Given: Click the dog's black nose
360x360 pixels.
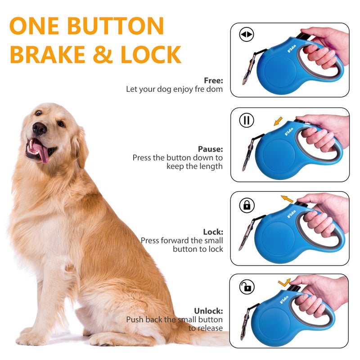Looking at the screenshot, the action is point(40,129).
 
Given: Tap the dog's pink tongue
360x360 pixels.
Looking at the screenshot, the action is point(42,152).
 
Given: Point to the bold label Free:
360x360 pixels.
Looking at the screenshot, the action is point(213,81).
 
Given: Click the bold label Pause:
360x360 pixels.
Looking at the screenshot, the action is point(210,149).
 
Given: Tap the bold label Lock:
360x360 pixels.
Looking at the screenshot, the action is point(213,232).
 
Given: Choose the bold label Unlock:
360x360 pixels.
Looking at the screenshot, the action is point(208,311).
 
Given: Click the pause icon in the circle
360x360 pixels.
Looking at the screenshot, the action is point(247,120).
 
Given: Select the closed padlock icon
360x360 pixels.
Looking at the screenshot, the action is point(247,205).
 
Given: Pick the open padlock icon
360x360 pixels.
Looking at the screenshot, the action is point(247,287).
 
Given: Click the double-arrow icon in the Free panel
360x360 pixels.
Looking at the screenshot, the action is point(247,35).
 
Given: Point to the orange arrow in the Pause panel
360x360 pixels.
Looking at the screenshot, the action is point(278,121).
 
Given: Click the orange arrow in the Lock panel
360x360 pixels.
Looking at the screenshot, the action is point(287,198).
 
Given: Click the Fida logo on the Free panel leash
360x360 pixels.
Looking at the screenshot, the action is point(292,49).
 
